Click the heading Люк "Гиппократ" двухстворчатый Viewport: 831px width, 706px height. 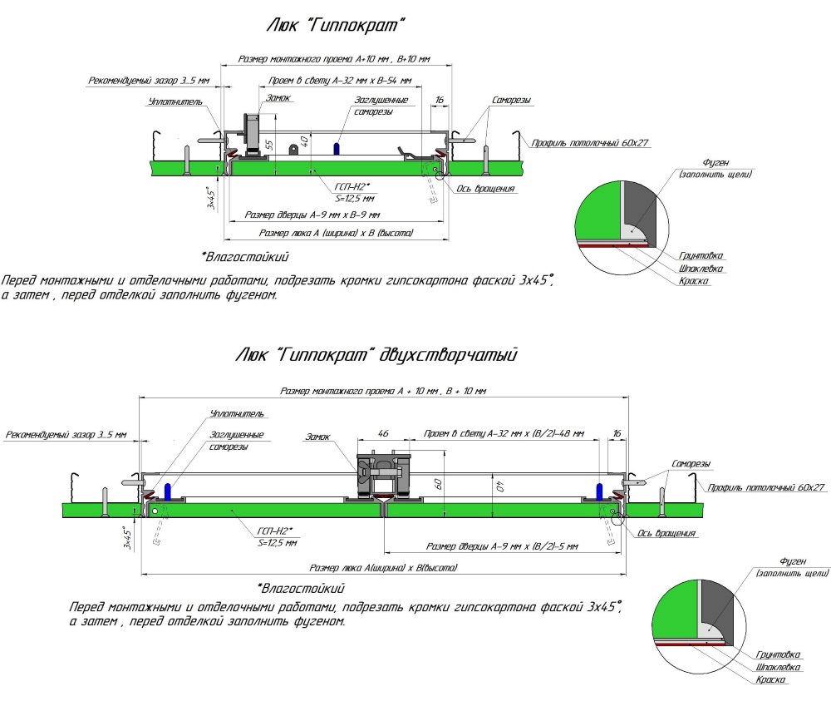click(x=376, y=355)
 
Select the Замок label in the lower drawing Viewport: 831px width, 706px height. click(x=317, y=436)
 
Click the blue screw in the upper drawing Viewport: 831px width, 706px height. click(x=337, y=147)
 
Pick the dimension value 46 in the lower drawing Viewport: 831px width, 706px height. click(x=383, y=434)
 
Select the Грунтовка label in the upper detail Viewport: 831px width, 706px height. click(x=700, y=256)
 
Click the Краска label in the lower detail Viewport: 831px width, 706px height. click(x=772, y=679)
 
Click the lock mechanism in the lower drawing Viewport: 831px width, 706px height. click(x=383, y=474)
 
